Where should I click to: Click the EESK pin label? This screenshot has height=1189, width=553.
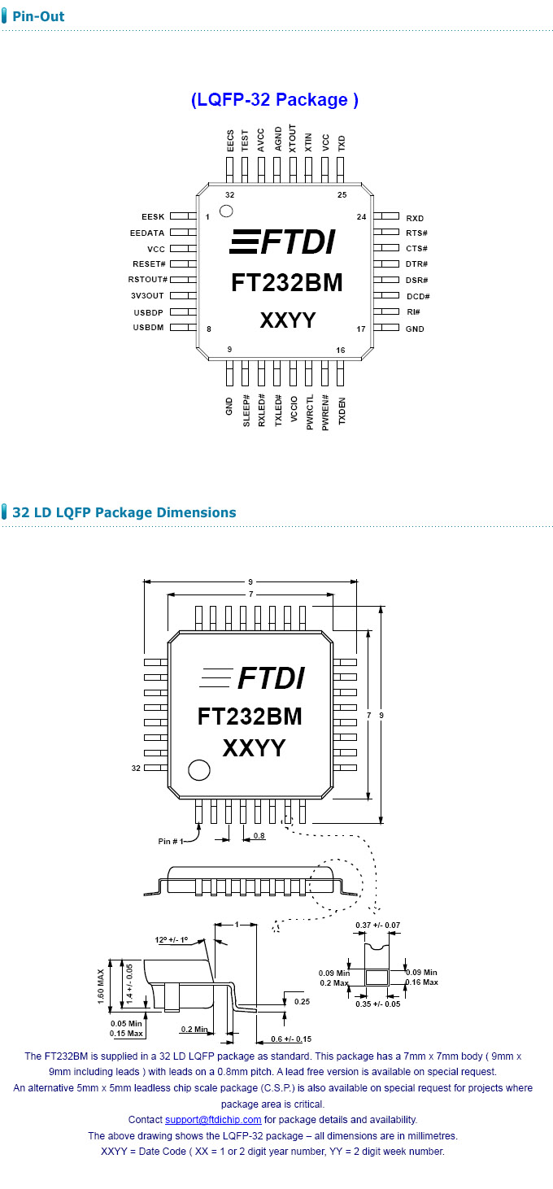pyautogui.click(x=153, y=217)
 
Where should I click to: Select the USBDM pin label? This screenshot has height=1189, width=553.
pyautogui.click(x=149, y=328)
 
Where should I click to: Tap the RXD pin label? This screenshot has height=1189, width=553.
pyautogui.click(x=415, y=218)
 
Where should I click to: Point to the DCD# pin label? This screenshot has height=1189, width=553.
pyautogui.click(x=418, y=297)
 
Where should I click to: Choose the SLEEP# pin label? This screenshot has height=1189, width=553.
pyautogui.click(x=246, y=412)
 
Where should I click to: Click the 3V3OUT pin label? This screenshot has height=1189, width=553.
pyautogui.click(x=148, y=296)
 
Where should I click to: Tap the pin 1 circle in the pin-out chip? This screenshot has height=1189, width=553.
pyautogui.click(x=227, y=211)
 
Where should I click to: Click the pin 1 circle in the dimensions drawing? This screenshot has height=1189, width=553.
pyautogui.click(x=198, y=769)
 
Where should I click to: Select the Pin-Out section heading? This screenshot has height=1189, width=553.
pyautogui.click(x=38, y=16)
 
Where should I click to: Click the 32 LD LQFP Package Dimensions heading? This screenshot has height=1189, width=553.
pyautogui.click(x=124, y=512)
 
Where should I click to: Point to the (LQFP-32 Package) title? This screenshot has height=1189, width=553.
pyautogui.click(x=275, y=100)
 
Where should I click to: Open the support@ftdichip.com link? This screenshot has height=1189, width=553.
pyautogui.click(x=213, y=1120)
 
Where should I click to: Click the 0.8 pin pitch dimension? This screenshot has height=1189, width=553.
pyautogui.click(x=259, y=835)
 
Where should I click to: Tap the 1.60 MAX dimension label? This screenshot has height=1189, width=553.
pyautogui.click(x=102, y=986)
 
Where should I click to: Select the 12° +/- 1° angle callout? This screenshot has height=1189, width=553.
pyautogui.click(x=172, y=939)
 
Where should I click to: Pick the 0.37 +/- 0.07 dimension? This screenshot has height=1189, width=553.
pyautogui.click(x=377, y=926)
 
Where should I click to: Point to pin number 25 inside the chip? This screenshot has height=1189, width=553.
pyautogui.click(x=342, y=195)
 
